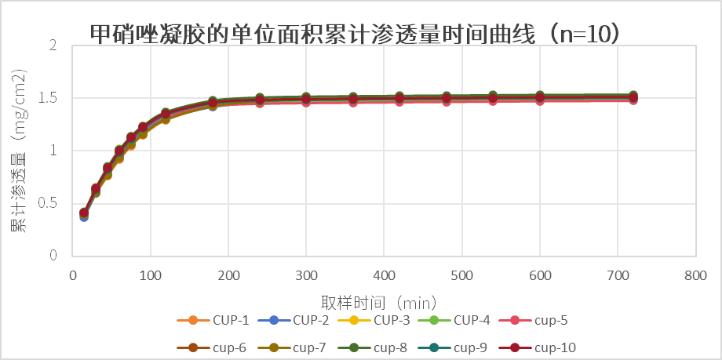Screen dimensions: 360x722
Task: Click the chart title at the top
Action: tap(356, 33)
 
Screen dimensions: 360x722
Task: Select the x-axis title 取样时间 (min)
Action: tap(378, 301)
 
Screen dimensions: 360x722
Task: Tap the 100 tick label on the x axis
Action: tap(150, 275)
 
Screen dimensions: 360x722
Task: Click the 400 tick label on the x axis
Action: tap(384, 275)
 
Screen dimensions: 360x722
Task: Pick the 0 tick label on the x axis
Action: tap(73, 275)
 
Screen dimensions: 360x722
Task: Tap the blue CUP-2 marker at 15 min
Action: tap(84, 216)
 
